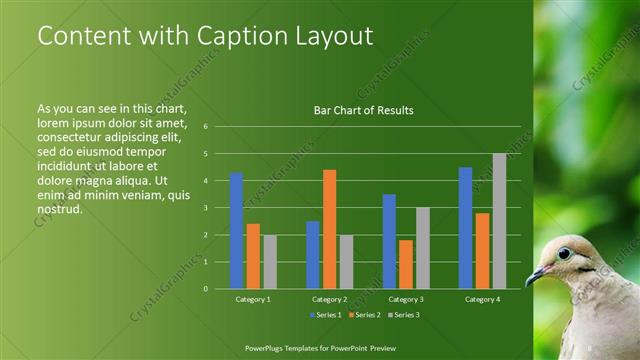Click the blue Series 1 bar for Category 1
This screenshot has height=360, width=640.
pos(237,231)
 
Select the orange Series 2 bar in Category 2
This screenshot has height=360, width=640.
pos(329,229)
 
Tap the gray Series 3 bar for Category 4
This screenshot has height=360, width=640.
pos(499,221)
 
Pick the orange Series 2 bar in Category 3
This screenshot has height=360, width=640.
pos(406,264)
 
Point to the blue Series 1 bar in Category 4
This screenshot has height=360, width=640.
pos(465,228)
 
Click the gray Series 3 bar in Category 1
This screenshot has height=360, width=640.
pos(270,262)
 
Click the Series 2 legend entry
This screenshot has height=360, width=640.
pos(364,315)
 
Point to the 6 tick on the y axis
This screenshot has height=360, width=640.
pos(205,127)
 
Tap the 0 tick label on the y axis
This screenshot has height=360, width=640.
pos(205,289)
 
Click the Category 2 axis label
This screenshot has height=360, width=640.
pos(329,299)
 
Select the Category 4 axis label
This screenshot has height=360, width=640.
pos(482,299)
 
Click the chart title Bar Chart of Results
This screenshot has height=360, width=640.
pos(364,110)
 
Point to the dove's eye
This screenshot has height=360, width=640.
pos(564,253)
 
